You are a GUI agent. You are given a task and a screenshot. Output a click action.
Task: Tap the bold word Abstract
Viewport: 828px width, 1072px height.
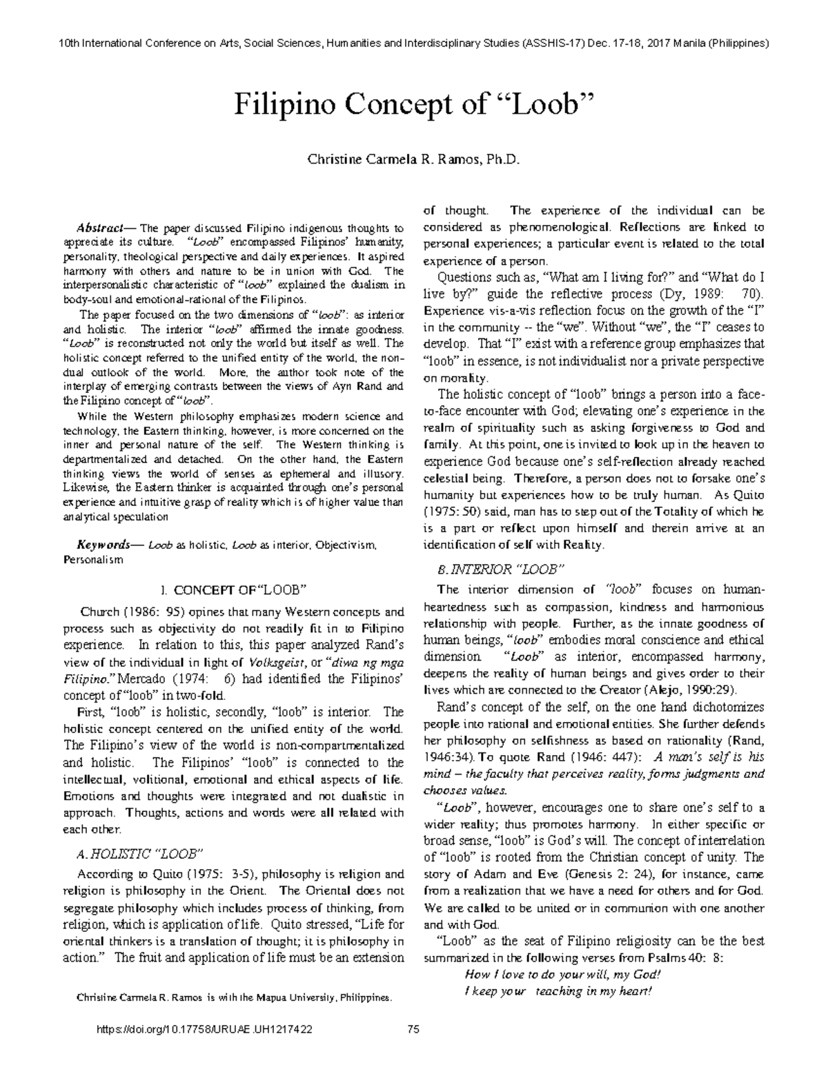pos(99,228)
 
